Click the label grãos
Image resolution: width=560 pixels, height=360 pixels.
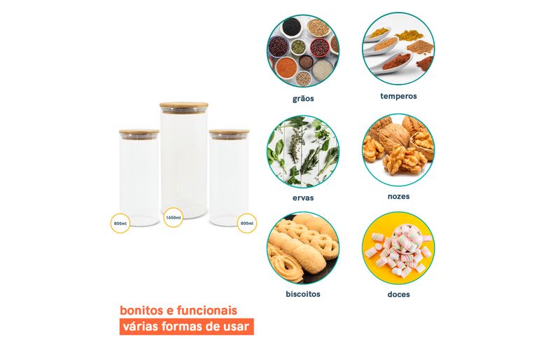[x=303, y=99]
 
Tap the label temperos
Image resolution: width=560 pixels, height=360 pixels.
[x=398, y=96]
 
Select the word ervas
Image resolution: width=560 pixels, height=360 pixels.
[x=303, y=198]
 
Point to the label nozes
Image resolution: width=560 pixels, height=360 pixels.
[x=398, y=196]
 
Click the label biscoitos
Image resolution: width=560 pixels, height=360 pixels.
[x=303, y=294]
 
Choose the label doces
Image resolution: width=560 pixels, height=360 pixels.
[x=398, y=294]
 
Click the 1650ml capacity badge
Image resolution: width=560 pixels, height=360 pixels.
[x=174, y=217]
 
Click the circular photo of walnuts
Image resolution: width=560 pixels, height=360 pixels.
[x=398, y=150]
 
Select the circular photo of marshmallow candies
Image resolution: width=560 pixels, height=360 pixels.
[x=398, y=248]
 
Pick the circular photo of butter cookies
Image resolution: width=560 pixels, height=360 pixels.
[x=303, y=248]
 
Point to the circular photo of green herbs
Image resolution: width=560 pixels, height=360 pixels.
[x=303, y=151]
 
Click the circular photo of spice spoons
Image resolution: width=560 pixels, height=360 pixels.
[x=398, y=48]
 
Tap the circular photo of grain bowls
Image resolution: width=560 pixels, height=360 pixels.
[x=303, y=50]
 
